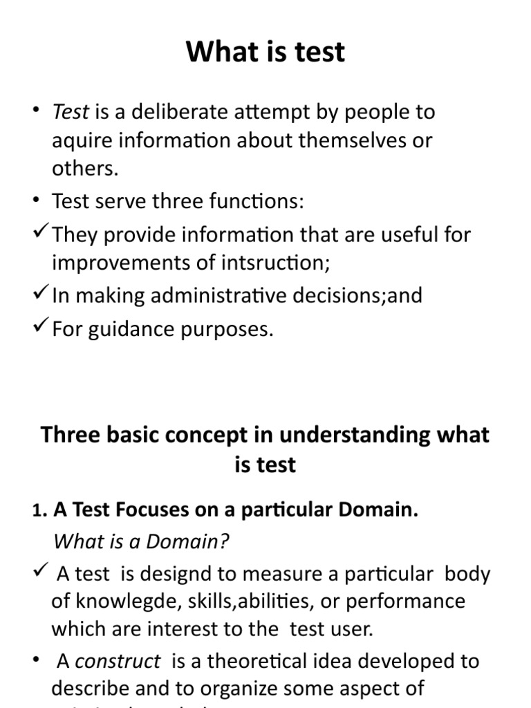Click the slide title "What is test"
coord(265,53)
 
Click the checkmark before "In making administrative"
coord(41,294)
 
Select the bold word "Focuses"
coord(149,511)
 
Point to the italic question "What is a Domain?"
coord(141,541)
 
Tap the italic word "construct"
coord(118,662)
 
